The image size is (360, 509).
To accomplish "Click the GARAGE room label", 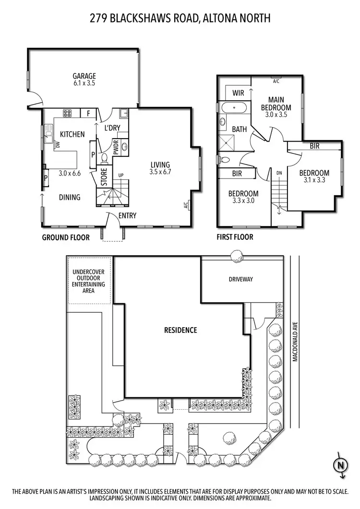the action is [84, 76].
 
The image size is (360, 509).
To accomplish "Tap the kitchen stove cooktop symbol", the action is [67, 114].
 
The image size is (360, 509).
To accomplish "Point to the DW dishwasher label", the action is [57, 143].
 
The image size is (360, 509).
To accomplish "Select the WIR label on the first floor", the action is [239, 92].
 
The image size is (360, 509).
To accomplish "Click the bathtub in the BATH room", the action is [234, 108].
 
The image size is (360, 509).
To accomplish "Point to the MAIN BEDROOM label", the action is [276, 104].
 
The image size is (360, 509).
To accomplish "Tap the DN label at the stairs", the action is [279, 172].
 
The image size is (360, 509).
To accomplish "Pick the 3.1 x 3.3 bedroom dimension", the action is [314, 181].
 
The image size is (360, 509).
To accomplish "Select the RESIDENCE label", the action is [180, 330].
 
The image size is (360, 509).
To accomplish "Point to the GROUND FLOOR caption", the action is [66, 237].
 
